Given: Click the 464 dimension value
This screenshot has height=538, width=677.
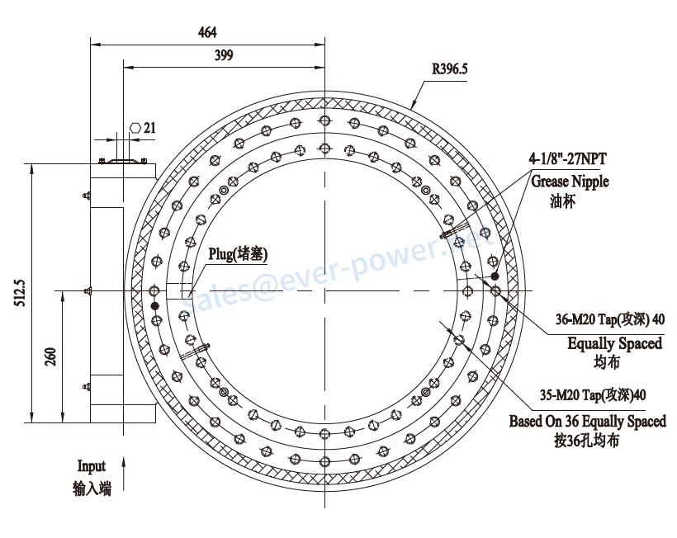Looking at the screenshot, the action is [x=207, y=32].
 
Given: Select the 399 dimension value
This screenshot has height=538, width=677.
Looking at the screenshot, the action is [x=224, y=55].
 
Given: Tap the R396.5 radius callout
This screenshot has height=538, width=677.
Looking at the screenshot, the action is [x=450, y=68].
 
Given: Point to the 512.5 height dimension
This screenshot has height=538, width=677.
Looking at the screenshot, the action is [x=21, y=293].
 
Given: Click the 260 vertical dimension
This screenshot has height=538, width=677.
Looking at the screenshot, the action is [x=50, y=356].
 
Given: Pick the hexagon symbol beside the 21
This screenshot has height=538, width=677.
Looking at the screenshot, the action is [x=136, y=128].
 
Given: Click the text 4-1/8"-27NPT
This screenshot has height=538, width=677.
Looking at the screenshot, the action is [x=568, y=158].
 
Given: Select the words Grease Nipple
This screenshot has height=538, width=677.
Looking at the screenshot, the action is [x=570, y=182].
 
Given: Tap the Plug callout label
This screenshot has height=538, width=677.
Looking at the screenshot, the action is [x=238, y=254].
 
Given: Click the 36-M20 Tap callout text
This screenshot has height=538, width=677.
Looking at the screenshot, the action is [x=610, y=319].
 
